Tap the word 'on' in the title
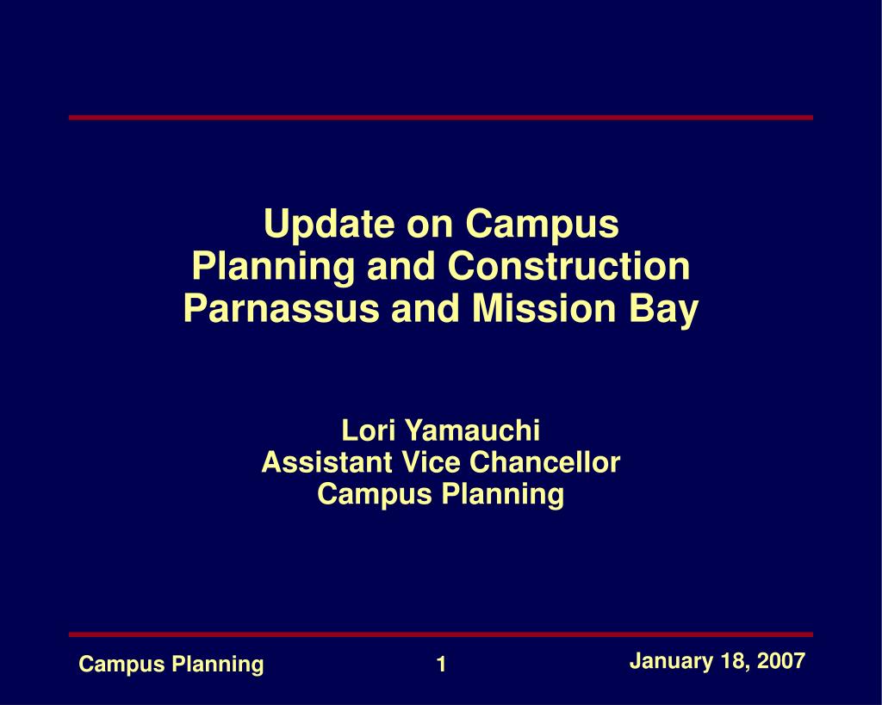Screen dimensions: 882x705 [x=430, y=225]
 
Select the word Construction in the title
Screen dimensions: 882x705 [x=568, y=266]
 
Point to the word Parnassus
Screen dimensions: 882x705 [x=282, y=308]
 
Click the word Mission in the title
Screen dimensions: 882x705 [x=544, y=308]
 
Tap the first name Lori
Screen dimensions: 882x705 [x=367, y=430]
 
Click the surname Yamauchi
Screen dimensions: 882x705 [x=473, y=430]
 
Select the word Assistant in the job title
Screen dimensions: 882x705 [x=326, y=463]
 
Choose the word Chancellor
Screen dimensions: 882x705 [x=544, y=463]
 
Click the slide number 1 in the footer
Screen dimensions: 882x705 [x=442, y=664]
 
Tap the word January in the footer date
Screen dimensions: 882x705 [x=670, y=661]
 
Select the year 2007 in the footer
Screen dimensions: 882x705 [x=780, y=660]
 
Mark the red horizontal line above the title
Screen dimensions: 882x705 [x=441, y=117]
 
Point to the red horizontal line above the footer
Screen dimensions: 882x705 [x=441, y=634]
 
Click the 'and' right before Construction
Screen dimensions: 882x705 [x=401, y=266]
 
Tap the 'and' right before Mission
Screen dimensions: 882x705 [x=425, y=308]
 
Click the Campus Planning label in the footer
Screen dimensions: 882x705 [x=171, y=665]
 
